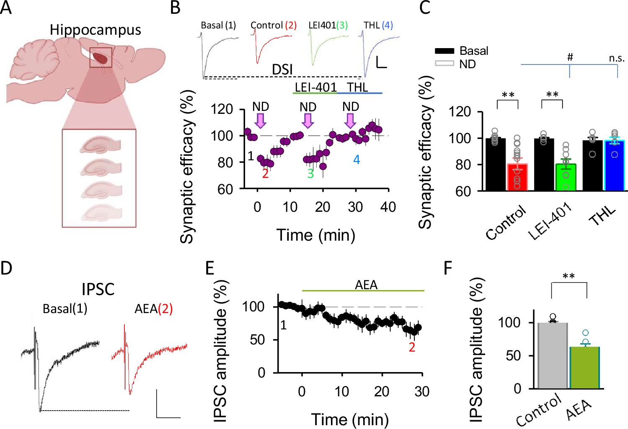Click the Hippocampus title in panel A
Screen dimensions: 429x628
[95, 30]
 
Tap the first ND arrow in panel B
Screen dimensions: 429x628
[261, 120]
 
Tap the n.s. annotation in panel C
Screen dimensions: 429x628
[617, 58]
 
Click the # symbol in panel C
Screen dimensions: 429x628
[570, 57]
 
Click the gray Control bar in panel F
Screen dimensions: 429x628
[553, 355]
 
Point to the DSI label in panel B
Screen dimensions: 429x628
[282, 69]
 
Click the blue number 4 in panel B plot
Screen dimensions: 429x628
[357, 160]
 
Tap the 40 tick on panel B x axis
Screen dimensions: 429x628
[388, 207]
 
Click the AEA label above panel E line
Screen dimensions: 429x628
[366, 285]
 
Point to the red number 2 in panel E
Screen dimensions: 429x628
[412, 347]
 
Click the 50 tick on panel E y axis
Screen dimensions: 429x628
[257, 339]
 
